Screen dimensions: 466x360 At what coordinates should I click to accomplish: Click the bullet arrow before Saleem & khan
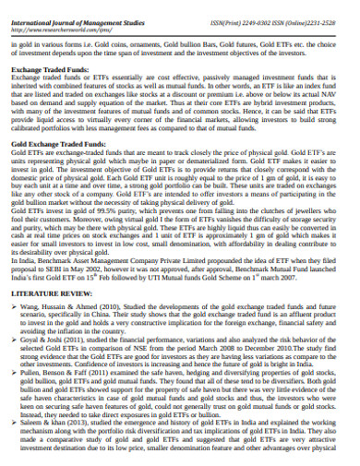[12, 426]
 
